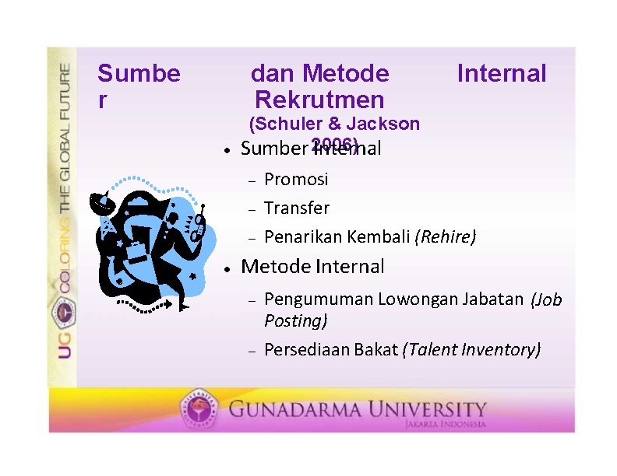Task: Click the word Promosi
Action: (x=296, y=180)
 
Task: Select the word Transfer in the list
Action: (x=297, y=208)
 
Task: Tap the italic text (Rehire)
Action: (x=446, y=236)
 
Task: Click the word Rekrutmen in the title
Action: (x=319, y=100)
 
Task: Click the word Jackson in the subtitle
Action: (x=383, y=124)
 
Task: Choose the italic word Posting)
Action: (x=296, y=320)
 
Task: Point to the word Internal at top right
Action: (x=502, y=74)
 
